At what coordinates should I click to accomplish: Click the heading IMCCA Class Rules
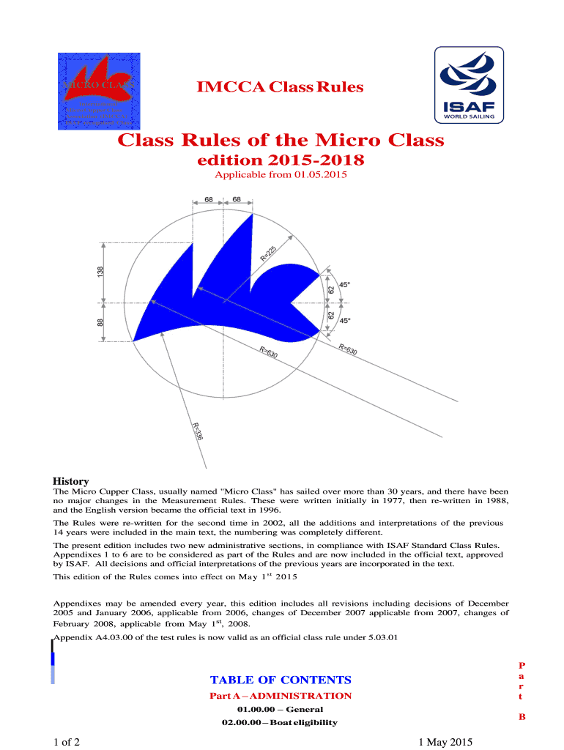point(281,88)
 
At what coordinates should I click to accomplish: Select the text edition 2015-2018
point(281,159)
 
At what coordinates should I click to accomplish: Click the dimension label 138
point(100,272)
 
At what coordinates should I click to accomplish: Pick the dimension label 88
point(100,322)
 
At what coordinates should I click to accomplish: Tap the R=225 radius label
point(269,253)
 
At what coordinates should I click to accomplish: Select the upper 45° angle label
point(345,285)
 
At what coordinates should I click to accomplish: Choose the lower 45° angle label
point(345,321)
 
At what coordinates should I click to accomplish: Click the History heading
point(71,480)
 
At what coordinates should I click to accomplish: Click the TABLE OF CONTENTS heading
point(281,680)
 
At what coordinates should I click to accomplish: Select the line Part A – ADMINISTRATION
point(281,696)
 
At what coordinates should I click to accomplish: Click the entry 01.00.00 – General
point(281,710)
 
